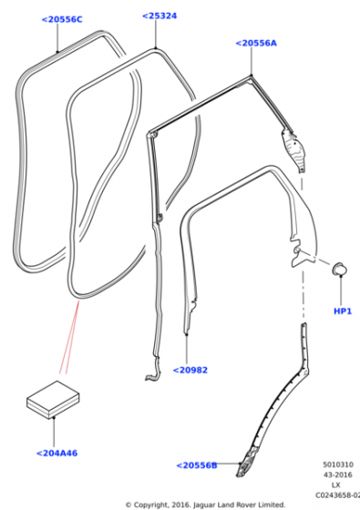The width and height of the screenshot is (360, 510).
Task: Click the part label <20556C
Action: point(62,19)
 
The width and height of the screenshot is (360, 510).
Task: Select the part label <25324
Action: point(159,16)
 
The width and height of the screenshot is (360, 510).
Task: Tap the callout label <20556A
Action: point(256,43)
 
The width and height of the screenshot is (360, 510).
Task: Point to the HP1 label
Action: point(343,311)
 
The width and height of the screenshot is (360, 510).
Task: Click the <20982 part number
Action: point(190,370)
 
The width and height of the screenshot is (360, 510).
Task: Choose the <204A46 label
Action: point(57,454)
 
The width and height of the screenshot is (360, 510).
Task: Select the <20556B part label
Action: point(197,465)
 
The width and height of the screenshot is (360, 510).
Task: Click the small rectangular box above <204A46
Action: point(53,400)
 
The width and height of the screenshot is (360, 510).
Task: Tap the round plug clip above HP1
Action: point(339,269)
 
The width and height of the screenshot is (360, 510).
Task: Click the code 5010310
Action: point(338,464)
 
